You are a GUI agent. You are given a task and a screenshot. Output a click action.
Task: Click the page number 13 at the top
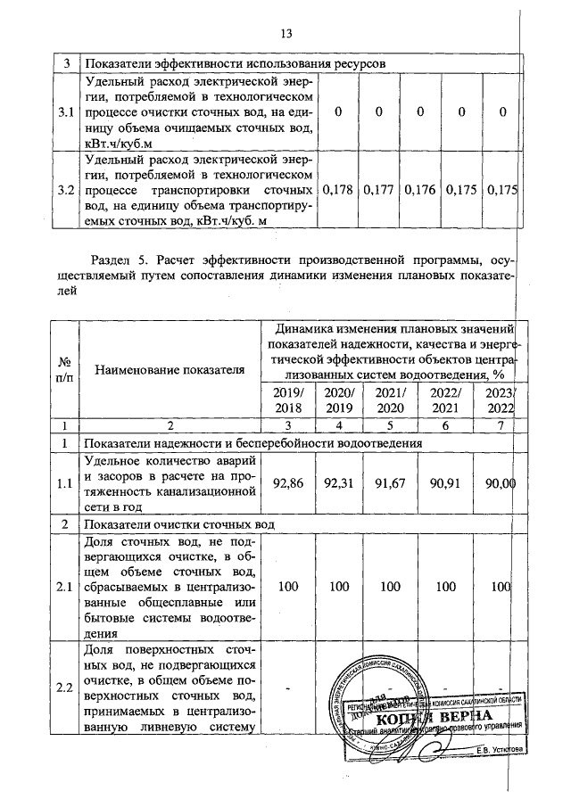(286, 34)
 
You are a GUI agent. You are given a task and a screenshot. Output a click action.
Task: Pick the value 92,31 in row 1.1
(340, 483)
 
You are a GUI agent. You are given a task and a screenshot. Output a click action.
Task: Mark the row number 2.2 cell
(64, 687)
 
